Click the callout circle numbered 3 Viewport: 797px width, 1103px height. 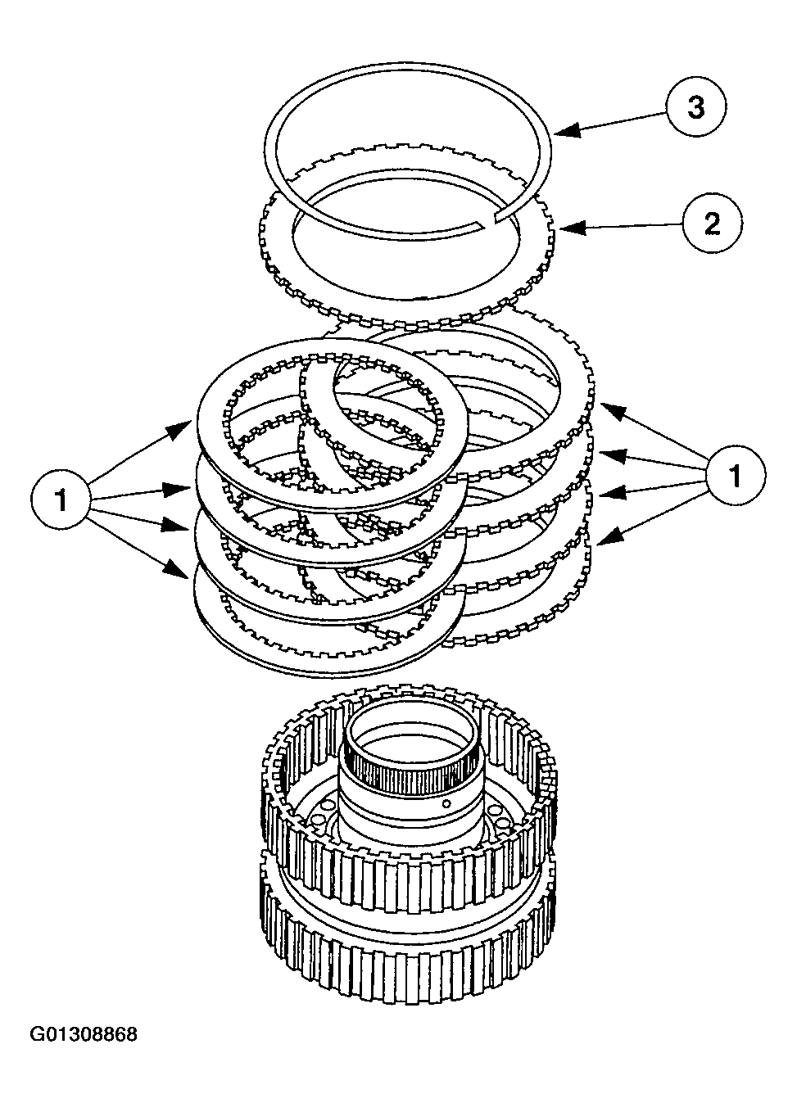pos(695,108)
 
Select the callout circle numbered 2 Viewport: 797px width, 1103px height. pos(712,223)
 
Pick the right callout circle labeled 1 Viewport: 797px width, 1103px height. pos(735,475)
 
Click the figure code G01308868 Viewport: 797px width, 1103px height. pos(84,1034)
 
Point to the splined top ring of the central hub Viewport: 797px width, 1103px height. pos(407,757)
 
